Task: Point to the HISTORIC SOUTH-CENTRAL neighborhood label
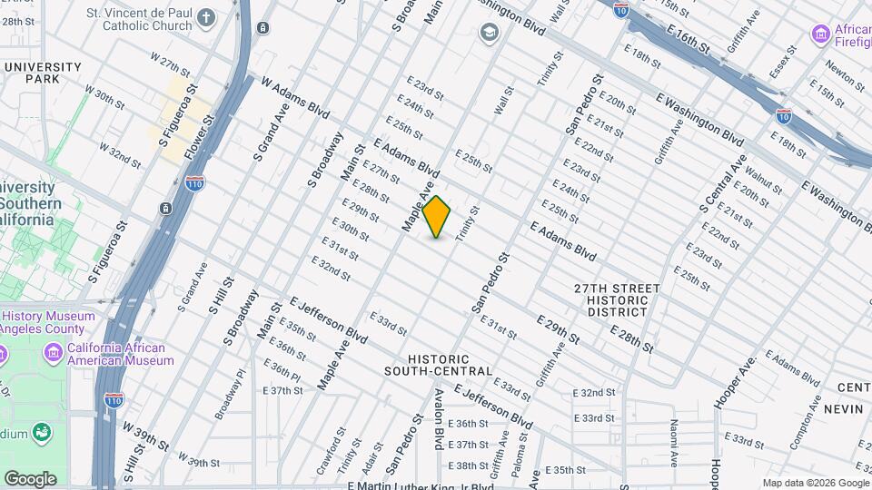(438, 365)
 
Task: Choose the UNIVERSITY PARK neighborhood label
(43, 73)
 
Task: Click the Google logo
(30, 478)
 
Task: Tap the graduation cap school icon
(490, 34)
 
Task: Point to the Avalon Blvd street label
(439, 419)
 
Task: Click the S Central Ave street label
(723, 185)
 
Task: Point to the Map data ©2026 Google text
(815, 483)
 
